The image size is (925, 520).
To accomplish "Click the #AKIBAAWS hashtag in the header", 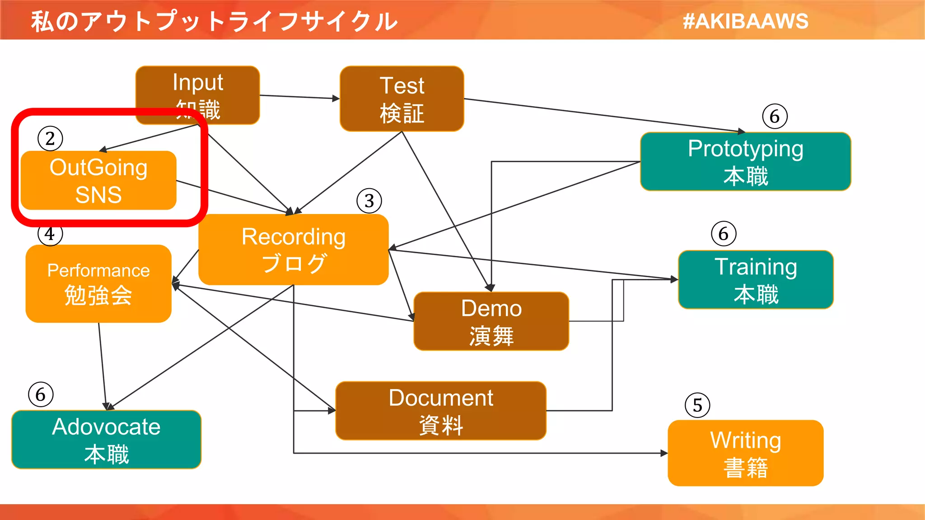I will click(x=745, y=21).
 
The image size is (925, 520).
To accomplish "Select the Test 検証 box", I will click(x=402, y=99).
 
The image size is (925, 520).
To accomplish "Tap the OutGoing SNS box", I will click(x=98, y=181).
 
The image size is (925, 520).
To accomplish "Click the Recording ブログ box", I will click(x=293, y=249).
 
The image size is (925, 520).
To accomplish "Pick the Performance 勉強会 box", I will click(x=98, y=283).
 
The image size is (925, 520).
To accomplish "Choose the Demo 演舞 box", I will click(x=491, y=321).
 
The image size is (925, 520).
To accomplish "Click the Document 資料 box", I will click(x=440, y=411).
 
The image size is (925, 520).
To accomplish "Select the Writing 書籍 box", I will click(x=745, y=453).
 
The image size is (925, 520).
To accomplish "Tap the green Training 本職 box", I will click(x=756, y=280).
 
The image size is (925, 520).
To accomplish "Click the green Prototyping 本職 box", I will click(x=745, y=162).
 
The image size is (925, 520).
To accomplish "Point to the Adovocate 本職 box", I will click(x=106, y=440).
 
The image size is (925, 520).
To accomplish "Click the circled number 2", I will click(x=50, y=139).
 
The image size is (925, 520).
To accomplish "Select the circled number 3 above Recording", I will click(x=369, y=201).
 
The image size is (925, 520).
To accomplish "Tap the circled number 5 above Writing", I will click(x=697, y=405).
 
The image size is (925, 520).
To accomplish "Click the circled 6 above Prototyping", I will click(x=775, y=116).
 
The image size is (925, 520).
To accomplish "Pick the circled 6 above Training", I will click(x=724, y=234).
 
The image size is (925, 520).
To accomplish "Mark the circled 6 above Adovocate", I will click(x=41, y=395).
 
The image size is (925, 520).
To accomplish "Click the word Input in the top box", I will click(x=198, y=82).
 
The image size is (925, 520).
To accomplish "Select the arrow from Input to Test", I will click(x=298, y=97).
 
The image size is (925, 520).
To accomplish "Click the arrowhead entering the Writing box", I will click(x=664, y=453).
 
